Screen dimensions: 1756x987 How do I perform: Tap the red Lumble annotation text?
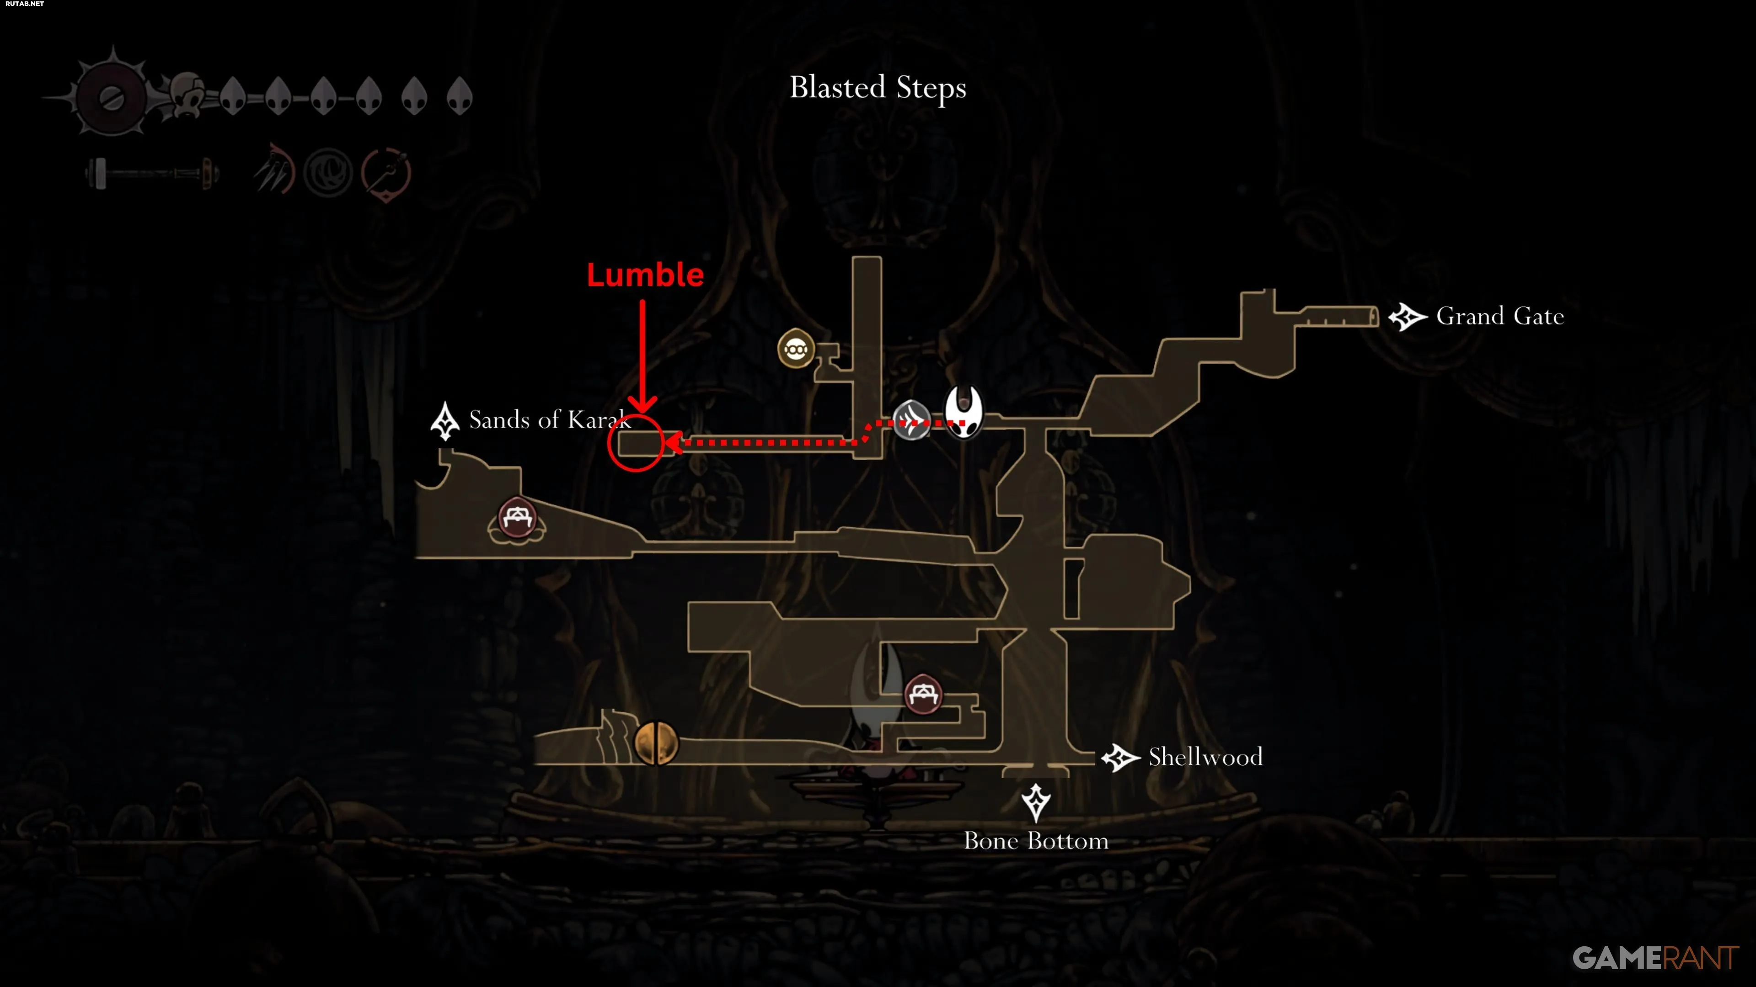(645, 275)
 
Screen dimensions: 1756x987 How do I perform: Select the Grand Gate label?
(1500, 316)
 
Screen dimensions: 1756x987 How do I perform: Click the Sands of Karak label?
(549, 419)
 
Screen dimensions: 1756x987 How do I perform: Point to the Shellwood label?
(1205, 757)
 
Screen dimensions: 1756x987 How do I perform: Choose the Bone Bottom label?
(1035, 841)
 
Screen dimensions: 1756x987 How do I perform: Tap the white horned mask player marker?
(963, 411)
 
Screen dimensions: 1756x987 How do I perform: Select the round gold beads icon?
(796, 349)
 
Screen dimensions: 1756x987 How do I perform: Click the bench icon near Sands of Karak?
(517, 520)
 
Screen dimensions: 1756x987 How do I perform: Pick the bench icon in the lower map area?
(923, 694)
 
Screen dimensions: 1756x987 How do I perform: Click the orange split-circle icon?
(656, 743)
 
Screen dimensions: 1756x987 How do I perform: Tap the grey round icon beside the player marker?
(911, 419)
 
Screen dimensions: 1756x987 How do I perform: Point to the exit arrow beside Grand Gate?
(1408, 317)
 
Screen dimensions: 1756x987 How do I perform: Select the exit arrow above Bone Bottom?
(1035, 802)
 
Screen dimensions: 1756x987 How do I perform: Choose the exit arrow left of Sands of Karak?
(445, 421)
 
